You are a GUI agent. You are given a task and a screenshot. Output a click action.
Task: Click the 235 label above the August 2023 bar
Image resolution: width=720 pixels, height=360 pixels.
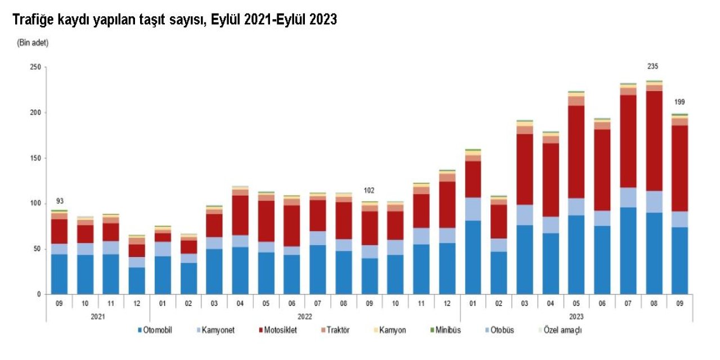(652, 66)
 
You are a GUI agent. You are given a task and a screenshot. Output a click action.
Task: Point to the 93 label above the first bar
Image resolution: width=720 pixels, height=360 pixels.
(59, 201)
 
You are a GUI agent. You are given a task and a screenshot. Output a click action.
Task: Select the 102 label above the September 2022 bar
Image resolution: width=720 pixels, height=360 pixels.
(368, 190)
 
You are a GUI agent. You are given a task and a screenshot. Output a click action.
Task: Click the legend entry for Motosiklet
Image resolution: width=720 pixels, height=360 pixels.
(279, 330)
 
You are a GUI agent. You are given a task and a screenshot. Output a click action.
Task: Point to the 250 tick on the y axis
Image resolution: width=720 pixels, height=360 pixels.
(35, 67)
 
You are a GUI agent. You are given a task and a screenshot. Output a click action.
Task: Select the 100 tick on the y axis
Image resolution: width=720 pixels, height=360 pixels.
(35, 204)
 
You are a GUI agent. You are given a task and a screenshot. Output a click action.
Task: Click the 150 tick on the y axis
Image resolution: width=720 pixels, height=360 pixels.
(35, 158)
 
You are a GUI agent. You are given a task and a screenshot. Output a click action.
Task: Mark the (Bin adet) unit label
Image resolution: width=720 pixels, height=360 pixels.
(33, 43)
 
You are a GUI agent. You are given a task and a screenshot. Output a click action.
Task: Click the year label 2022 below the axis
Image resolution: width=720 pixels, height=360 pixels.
(304, 317)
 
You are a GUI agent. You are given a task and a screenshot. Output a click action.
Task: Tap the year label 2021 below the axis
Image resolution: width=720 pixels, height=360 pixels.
(98, 317)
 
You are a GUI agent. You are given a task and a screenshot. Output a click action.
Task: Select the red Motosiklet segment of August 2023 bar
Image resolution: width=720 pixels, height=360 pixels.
(654, 141)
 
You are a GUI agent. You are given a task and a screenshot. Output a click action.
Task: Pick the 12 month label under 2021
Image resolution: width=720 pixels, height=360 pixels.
(137, 303)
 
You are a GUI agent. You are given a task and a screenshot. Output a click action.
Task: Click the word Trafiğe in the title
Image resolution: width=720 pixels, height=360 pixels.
(34, 20)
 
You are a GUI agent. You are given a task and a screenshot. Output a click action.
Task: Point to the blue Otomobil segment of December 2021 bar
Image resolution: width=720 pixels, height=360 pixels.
(137, 280)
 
